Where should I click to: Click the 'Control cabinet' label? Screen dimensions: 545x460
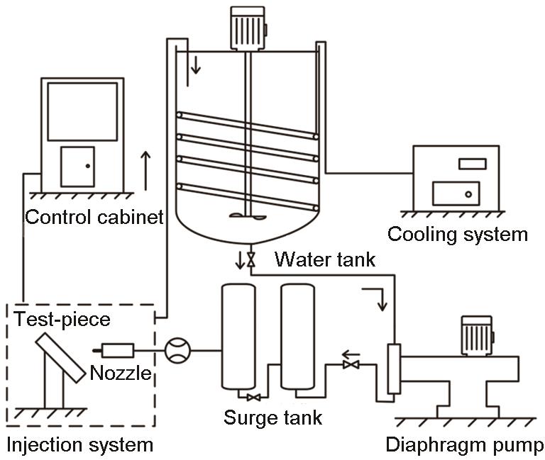[94, 217]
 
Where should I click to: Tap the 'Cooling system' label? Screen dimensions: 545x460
[458, 235]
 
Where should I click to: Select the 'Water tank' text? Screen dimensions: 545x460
[325, 259]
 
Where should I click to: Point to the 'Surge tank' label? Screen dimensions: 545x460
[272, 417]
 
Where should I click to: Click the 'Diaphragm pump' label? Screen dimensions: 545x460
[464, 445]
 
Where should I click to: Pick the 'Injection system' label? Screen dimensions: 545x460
[80, 445]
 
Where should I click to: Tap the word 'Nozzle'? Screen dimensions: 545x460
[121, 374]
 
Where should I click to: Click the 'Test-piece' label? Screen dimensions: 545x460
[62, 320]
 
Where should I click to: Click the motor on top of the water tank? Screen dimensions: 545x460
[248, 28]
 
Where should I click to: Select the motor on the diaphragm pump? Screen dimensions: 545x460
[477, 335]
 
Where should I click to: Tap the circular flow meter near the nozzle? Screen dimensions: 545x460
[177, 351]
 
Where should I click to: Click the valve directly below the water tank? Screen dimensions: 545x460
[251, 259]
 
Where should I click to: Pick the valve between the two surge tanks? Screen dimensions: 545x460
[254, 398]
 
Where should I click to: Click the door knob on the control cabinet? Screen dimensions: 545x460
[88, 166]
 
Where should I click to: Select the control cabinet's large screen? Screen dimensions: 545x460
[82, 112]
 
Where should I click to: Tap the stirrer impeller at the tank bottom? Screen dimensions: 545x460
[248, 216]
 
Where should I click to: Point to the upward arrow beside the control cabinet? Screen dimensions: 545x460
[145, 171]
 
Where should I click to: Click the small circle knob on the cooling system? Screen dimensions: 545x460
[468, 194]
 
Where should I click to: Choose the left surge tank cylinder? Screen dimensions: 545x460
[238, 337]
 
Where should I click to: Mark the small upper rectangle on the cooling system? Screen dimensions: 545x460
[473, 164]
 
